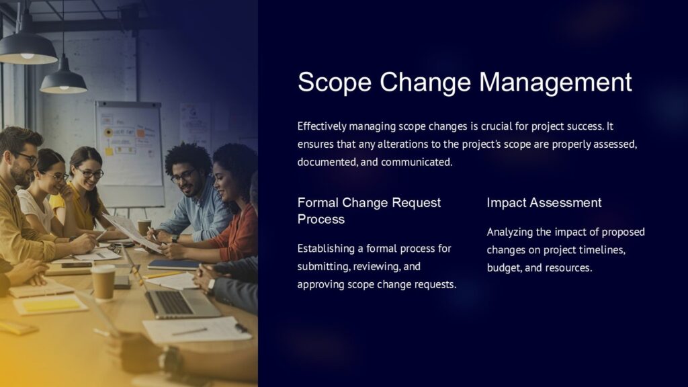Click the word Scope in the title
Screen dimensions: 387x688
point(334,82)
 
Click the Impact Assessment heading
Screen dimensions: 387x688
point(544,202)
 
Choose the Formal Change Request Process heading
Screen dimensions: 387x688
point(369,210)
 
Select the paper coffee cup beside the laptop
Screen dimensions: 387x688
point(103,282)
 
